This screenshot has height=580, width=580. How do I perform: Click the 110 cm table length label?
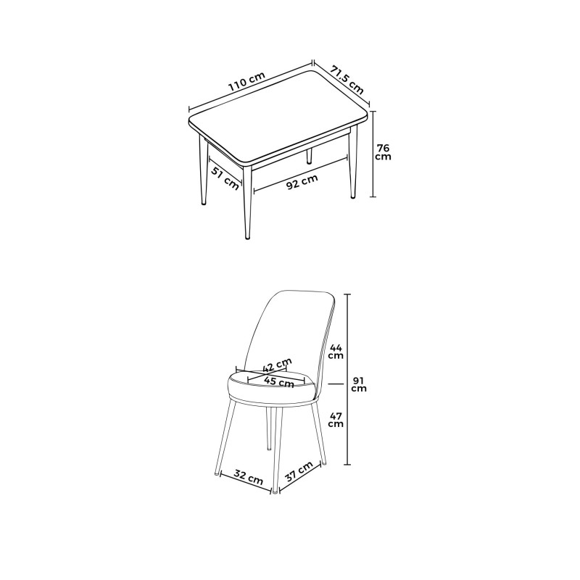click(246, 82)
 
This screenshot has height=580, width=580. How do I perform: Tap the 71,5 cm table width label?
click(347, 78)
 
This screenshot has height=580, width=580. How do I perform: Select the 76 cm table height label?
click(383, 152)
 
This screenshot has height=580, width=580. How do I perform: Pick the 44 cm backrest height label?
click(336, 351)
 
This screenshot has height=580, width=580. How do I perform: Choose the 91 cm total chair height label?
click(359, 384)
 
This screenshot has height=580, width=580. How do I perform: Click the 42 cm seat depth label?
click(278, 364)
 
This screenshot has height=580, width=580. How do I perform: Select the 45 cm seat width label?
click(279, 381)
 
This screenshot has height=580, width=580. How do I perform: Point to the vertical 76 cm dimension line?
click(373, 174)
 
